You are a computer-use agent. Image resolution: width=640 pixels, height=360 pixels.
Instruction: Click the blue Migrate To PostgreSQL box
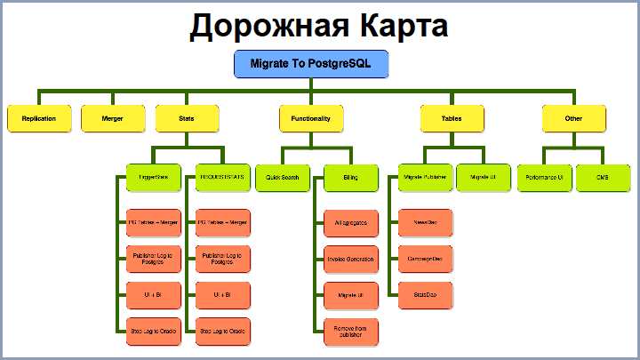(x=311, y=64)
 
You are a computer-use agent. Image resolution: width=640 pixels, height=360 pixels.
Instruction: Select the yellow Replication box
(x=39, y=118)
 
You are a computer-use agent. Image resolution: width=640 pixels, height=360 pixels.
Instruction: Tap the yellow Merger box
(x=113, y=118)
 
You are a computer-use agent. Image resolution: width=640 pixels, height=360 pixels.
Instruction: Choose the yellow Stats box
(x=187, y=118)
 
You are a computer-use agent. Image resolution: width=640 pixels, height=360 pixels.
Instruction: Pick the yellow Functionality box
(x=311, y=118)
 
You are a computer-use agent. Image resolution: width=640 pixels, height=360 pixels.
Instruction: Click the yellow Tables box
(x=452, y=118)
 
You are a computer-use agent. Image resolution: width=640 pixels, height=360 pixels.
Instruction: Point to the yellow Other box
(x=573, y=118)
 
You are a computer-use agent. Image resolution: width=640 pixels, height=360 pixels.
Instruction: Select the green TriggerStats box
(x=153, y=178)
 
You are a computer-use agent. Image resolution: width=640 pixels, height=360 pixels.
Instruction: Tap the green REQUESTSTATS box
(x=222, y=178)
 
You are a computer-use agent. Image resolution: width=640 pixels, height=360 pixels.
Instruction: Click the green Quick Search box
(x=283, y=178)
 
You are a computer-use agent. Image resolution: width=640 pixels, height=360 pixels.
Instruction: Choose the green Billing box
(x=350, y=178)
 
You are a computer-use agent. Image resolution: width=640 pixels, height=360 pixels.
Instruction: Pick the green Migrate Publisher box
(x=425, y=178)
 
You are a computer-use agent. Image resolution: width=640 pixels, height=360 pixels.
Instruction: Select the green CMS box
(x=603, y=178)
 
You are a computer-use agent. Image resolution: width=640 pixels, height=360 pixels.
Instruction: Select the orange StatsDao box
(x=425, y=293)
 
